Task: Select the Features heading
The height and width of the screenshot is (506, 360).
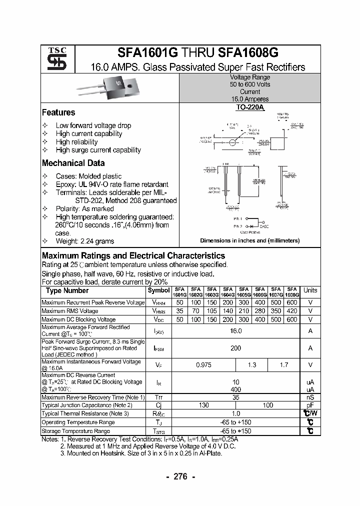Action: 58,112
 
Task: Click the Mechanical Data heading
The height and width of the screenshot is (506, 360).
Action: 73,163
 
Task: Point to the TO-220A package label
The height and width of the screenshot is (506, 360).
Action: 250,107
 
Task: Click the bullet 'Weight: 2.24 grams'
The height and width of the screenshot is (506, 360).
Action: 84,241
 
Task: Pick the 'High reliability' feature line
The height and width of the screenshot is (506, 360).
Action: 76,142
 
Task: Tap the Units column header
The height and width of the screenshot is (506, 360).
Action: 310,290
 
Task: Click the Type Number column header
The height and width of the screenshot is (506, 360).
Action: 67,290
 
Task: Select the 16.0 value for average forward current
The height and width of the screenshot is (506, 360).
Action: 236,331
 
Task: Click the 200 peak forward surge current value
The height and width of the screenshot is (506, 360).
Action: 236,348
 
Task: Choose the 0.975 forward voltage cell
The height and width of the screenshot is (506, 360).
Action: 203,365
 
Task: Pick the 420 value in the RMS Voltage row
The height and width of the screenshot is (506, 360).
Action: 292,311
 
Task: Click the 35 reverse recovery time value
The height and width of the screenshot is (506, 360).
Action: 236,397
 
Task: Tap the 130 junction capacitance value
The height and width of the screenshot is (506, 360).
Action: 203,405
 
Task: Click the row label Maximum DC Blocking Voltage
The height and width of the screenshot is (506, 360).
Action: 78,319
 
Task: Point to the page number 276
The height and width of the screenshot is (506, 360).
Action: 180,476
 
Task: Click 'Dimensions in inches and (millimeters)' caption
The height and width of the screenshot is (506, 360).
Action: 250,240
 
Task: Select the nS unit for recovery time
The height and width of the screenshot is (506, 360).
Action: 310,397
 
